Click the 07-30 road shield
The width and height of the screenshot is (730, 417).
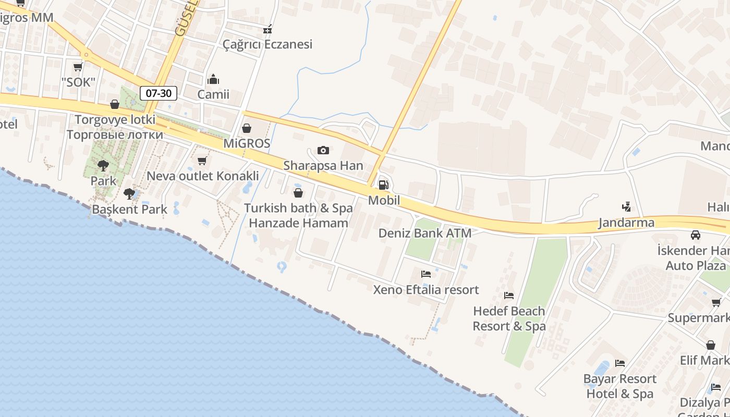159,93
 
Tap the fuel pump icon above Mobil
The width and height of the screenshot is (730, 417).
383,185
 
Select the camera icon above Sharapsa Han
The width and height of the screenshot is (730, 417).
323,151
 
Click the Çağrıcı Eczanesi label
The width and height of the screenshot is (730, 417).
267,44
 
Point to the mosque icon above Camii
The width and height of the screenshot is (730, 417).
213,79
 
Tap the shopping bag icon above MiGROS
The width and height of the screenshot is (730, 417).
247,128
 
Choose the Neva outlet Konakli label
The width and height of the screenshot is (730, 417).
203,176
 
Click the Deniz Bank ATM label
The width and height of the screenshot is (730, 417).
425,233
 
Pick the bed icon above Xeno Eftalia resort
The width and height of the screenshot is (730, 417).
426,274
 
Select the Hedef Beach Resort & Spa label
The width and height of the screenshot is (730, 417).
509,318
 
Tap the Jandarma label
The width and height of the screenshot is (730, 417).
626,223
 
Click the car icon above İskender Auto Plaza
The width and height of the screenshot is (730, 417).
696,235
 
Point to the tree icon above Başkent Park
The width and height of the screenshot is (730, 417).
129,194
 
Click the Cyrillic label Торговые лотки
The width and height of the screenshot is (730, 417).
115,134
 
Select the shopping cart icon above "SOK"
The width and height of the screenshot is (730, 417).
78,67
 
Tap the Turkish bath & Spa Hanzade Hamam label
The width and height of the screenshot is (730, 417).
298,215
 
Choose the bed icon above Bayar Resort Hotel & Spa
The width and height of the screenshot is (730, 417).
620,363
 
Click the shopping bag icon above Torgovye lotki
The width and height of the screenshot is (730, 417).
115,105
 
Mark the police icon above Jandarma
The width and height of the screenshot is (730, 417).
626,207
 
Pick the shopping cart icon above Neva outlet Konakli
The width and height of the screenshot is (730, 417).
202,161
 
